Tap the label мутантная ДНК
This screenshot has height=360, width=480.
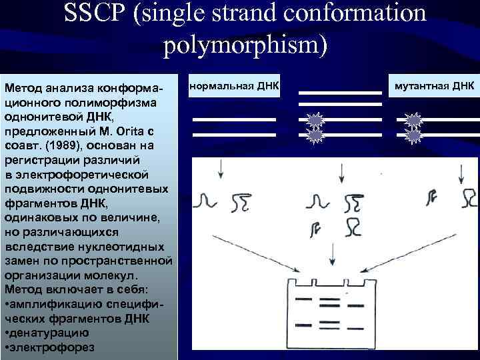coord(434,86)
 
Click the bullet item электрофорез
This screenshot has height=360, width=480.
coord(53,347)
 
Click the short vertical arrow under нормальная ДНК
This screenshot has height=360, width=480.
coord(219,171)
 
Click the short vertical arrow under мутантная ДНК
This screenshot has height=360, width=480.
coord(461,175)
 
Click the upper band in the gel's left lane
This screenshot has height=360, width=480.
coord(303,299)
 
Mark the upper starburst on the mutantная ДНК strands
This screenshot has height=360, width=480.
coord(414,121)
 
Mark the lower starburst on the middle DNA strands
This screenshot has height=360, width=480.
coord(314,136)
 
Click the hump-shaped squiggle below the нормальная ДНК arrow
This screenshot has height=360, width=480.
coord(207,199)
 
